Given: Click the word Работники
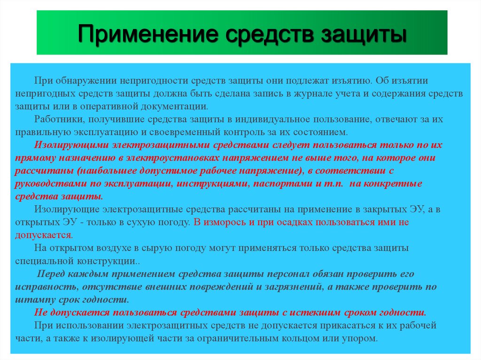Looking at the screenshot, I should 58,119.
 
